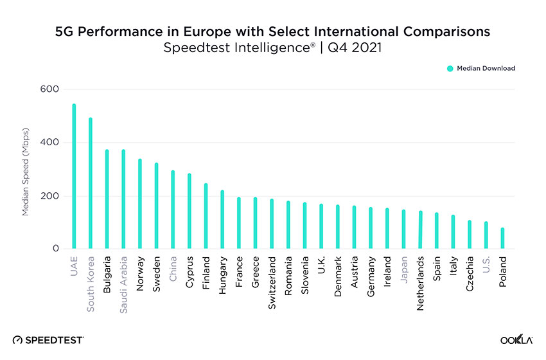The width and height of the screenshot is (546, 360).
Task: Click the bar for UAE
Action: [x=74, y=176]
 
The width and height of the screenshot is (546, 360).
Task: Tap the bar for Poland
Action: [x=502, y=238]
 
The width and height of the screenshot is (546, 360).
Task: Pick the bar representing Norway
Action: [x=140, y=203]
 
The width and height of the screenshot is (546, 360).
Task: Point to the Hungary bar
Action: [x=222, y=219]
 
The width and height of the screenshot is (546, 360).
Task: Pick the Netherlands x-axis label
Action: [x=420, y=283]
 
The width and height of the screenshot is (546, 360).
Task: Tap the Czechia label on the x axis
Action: [x=470, y=274]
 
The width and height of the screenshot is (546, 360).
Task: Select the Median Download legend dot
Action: [x=450, y=68]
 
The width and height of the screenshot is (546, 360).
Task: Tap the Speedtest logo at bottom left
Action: [x=48, y=339]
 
